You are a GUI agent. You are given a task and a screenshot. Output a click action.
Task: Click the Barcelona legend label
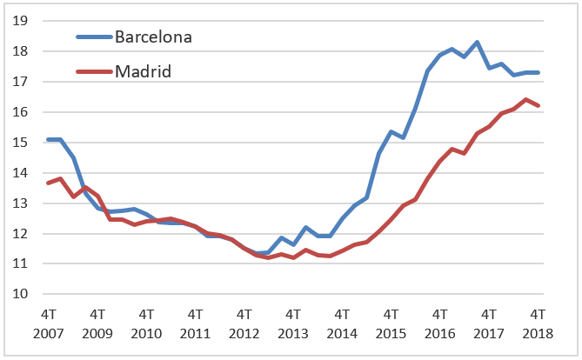154,37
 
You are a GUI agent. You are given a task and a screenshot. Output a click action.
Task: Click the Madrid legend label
143,70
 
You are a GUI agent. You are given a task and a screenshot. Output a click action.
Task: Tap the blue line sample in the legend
94,37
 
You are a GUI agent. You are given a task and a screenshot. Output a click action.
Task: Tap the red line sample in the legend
94,70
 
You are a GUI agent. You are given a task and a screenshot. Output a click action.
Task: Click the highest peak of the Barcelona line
477,42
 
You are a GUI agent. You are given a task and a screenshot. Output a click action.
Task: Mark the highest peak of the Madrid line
525,99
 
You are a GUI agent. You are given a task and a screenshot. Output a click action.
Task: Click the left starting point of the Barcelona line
47,139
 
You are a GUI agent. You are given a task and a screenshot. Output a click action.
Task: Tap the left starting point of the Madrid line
47,183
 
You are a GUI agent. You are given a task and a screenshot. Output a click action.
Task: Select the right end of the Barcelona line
539,72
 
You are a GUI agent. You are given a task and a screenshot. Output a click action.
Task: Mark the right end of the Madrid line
539,106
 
